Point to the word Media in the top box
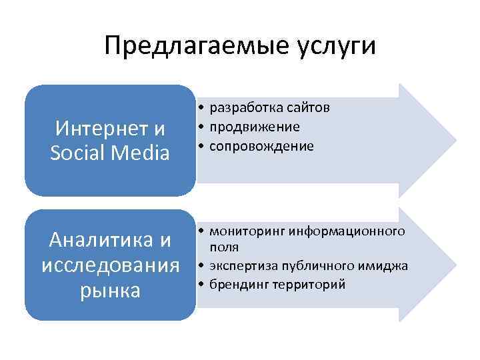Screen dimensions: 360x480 coord(139,153)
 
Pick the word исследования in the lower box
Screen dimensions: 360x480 coord(111,265)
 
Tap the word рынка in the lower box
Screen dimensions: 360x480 coord(111,291)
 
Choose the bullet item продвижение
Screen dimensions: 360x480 coord(254,127)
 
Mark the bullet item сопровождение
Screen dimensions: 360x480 coord(261,145)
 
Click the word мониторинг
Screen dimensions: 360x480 coord(242,231)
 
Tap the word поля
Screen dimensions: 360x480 coord(221,246)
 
